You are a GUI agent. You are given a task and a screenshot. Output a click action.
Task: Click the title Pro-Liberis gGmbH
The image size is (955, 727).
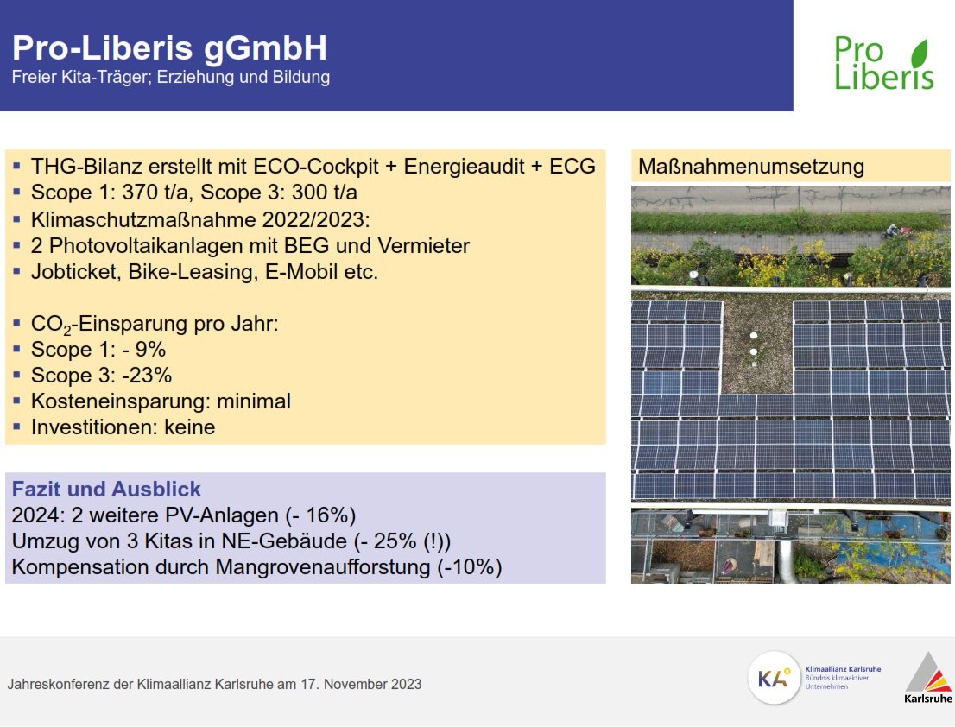(x=169, y=48)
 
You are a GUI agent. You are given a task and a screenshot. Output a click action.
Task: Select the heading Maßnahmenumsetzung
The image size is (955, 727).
(x=751, y=167)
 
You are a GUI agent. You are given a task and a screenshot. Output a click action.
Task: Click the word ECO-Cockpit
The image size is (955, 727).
(x=315, y=167)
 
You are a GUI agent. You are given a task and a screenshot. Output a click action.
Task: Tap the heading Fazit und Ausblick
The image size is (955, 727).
(x=106, y=489)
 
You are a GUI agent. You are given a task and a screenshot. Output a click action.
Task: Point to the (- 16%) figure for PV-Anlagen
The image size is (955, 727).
(x=320, y=515)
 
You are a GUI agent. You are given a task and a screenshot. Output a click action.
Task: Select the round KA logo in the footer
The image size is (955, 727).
(x=774, y=678)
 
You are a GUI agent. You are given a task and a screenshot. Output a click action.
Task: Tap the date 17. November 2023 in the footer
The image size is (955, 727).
(x=361, y=684)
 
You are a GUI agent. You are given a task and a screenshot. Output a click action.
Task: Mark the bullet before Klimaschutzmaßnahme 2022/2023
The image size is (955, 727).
(x=17, y=218)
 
